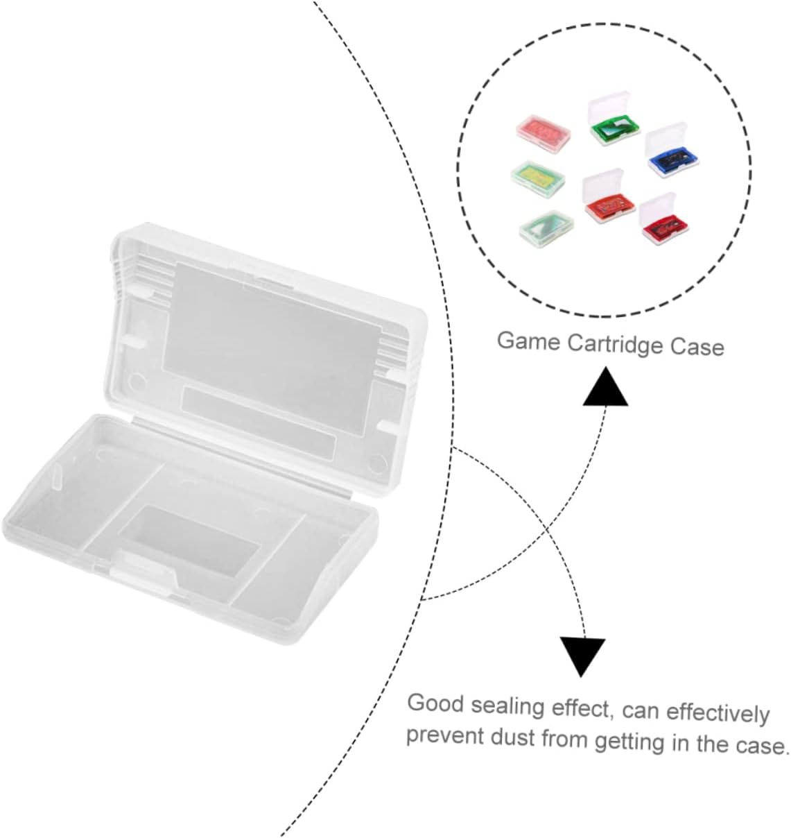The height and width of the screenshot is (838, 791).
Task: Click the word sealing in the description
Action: [507, 706]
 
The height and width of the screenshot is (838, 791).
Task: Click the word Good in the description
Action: [435, 703]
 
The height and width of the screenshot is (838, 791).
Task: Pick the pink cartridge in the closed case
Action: [544, 130]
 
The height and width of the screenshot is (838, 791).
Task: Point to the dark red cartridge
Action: [660, 225]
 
